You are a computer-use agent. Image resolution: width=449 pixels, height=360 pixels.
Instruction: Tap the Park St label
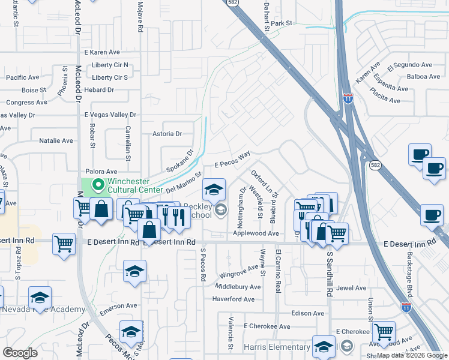coord(281,23)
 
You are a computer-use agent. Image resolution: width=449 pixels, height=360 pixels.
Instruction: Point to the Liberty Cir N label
coord(110,65)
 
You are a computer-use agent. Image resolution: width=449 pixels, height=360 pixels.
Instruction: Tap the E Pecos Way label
coord(232,160)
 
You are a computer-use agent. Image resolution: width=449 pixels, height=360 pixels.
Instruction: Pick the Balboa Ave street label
coord(423,76)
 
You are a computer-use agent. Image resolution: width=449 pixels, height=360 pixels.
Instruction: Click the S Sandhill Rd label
coord(330,274)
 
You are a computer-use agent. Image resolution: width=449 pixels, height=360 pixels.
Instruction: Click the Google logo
coord(19,352)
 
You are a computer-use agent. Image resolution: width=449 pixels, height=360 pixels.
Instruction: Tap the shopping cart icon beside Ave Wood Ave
coord(384,332)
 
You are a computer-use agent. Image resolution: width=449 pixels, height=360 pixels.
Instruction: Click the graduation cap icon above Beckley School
coord(214,190)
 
